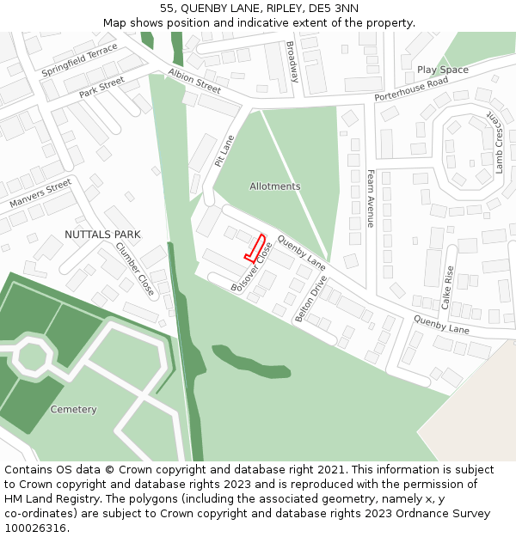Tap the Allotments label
point(275,186)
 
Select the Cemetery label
point(73,410)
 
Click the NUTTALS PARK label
point(102,235)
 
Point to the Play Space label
point(443,70)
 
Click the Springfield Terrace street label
point(79,60)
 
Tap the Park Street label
point(101,88)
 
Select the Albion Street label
point(194,81)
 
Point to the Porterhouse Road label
point(411,88)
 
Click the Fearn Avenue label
point(371,198)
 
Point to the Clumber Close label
point(135,269)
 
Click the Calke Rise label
point(447,287)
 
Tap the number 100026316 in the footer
point(37,528)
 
